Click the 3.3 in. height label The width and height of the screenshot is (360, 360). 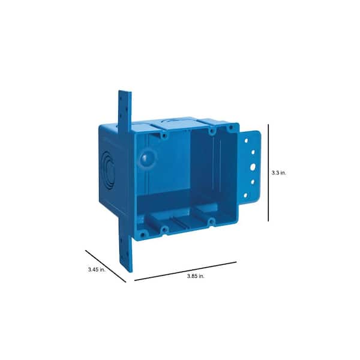[279, 172]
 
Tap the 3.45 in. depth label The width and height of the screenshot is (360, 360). [95, 270]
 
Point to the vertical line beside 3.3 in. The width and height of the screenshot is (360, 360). [268, 172]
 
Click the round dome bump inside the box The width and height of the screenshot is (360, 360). [145, 160]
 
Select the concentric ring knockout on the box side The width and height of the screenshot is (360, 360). [107, 167]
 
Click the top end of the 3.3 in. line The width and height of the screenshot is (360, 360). [268, 124]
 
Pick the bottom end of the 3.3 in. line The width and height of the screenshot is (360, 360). [268, 221]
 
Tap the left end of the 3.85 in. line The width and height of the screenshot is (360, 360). [134, 280]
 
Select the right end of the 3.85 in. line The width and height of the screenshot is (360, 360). [236, 262]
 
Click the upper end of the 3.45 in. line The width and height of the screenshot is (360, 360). [86, 250]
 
